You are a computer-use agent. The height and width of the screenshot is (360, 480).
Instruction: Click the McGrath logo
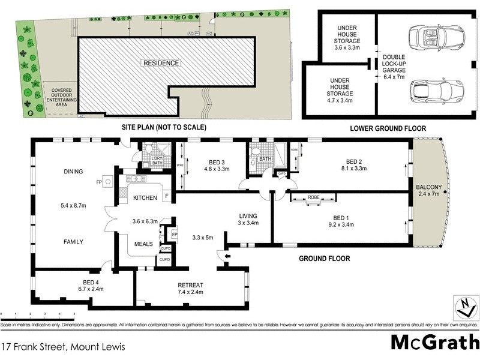434,343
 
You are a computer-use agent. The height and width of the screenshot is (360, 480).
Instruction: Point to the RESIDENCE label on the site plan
160,62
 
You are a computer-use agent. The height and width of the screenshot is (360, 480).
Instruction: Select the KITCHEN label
145,197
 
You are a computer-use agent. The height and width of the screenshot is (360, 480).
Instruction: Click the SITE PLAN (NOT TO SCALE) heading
163,127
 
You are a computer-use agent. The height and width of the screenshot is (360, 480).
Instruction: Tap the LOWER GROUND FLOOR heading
388,128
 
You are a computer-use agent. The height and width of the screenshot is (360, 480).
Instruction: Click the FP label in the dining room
98,182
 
